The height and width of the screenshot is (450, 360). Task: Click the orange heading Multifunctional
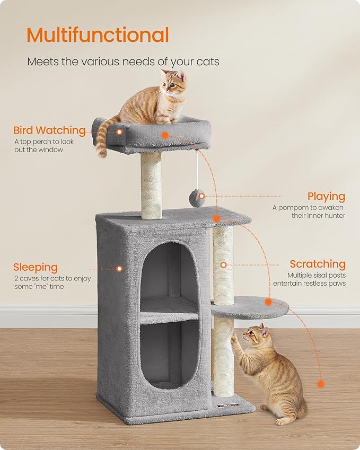tap(98, 35)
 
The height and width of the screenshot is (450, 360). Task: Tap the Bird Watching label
tap(49, 130)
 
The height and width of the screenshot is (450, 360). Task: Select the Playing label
tap(326, 197)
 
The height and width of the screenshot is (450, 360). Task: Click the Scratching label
tap(317, 264)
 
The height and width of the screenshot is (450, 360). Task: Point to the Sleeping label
tap(36, 267)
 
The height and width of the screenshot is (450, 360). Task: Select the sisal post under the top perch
tap(151, 186)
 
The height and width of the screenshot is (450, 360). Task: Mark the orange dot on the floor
tap(320, 383)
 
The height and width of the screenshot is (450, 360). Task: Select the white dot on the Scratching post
tap(224, 264)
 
